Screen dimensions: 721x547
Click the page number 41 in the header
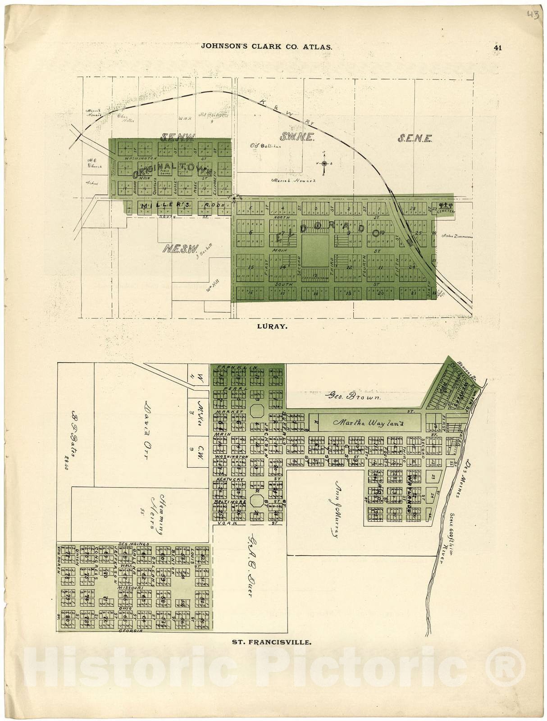coord(497,47)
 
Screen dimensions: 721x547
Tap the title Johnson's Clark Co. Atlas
coord(267,46)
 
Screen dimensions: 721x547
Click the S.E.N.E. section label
coord(415,138)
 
